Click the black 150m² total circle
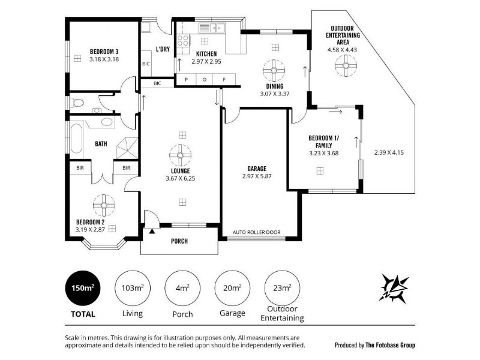click(83, 288)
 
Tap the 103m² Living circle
click(133, 288)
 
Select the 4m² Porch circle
click(182, 288)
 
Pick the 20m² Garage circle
click(232, 288)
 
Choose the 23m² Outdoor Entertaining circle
click(282, 288)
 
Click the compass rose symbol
click(394, 289)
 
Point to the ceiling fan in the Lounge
click(181, 155)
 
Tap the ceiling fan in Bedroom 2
click(104, 205)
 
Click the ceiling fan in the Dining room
click(274, 71)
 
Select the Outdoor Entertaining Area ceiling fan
click(346, 65)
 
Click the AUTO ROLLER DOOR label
click(257, 232)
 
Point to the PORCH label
click(179, 241)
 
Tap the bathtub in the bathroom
click(77, 138)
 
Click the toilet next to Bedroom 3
click(77, 103)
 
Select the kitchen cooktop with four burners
click(184, 41)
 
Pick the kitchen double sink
click(212, 28)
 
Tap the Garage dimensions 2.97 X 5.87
click(257, 176)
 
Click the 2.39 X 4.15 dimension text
click(389, 152)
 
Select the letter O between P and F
click(205, 80)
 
